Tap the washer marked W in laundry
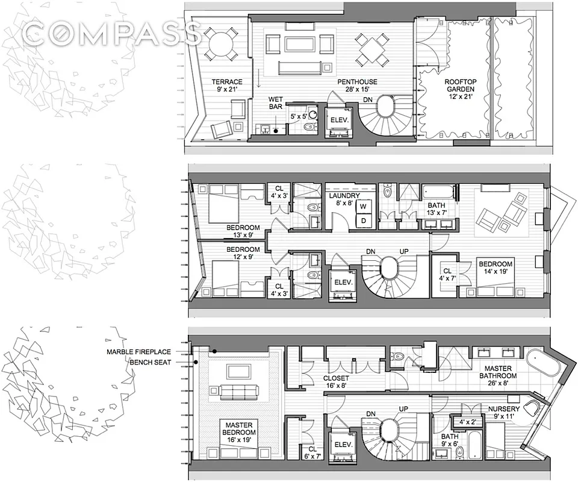point(364,207)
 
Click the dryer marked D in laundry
point(364,221)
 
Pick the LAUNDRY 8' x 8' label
point(344,200)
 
